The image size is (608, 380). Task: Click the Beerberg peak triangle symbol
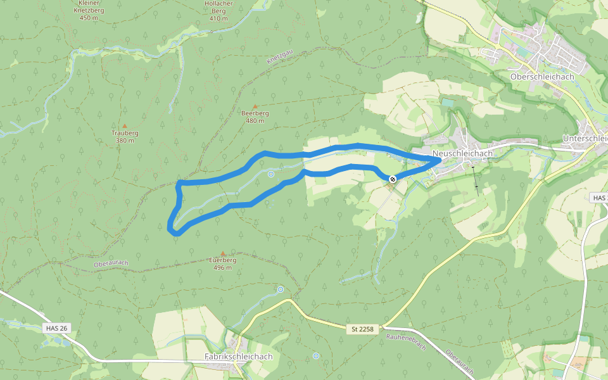(255, 106)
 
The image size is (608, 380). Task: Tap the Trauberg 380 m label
(125, 137)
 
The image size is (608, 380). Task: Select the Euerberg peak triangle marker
(222, 253)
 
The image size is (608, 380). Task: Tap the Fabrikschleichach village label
(239, 357)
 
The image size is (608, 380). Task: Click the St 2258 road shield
(363, 329)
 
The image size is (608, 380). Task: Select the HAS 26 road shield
(57, 328)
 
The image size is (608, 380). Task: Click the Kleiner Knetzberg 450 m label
(89, 11)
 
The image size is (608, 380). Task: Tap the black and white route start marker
(393, 179)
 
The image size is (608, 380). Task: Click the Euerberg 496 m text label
(222, 263)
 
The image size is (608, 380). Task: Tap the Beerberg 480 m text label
(255, 117)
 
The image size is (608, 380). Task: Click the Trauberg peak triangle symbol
(125, 126)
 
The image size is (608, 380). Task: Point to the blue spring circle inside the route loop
(271, 174)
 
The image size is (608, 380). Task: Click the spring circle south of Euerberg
(281, 289)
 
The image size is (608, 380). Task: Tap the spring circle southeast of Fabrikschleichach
(316, 356)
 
